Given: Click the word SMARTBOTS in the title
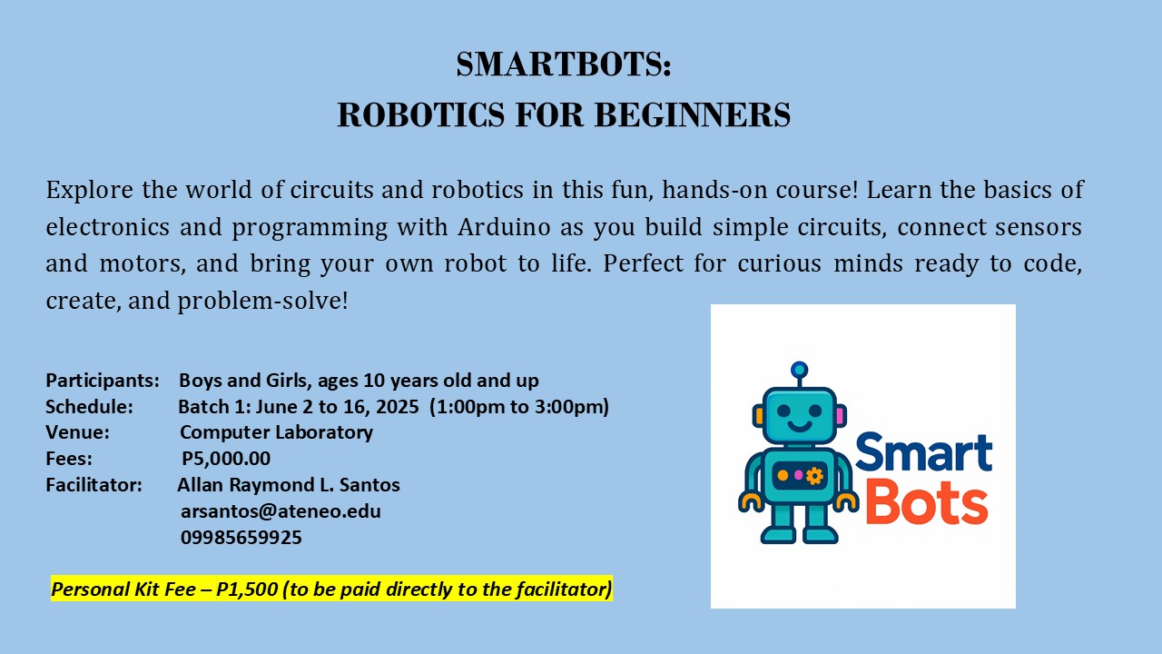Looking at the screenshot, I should (559, 64).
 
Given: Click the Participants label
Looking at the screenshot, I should (103, 380).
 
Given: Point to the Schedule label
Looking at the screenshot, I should (90, 406).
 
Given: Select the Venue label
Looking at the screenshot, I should (78, 432).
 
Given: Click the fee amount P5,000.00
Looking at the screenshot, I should (226, 459).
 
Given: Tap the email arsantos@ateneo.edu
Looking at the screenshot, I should (281, 510).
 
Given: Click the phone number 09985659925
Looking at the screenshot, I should (241, 537).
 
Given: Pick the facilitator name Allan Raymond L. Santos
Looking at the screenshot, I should (289, 485).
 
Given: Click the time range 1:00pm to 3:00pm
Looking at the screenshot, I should (522, 406).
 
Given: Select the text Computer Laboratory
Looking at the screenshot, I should (276, 432).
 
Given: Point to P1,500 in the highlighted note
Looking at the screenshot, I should (247, 590).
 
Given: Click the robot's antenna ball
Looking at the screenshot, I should (799, 369).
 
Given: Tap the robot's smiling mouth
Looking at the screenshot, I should (798, 426).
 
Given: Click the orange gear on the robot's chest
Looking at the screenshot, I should (814, 475).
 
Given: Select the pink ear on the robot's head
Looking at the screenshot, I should (840, 416).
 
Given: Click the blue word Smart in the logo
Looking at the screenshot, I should (922, 453).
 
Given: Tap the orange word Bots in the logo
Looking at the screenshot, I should (925, 503).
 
